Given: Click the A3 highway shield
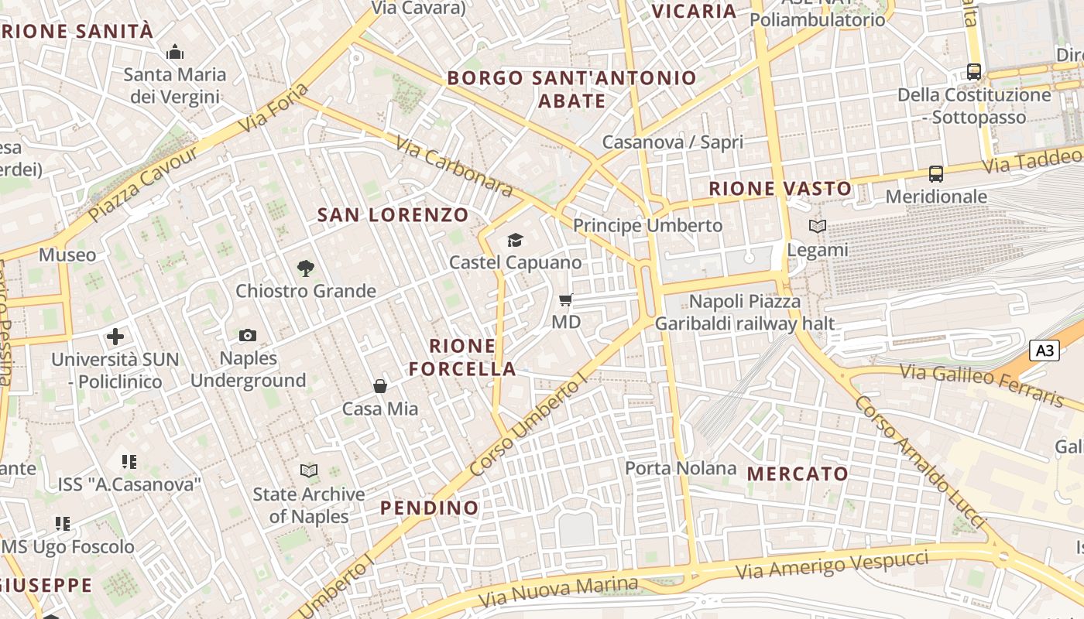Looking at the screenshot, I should [1045, 351].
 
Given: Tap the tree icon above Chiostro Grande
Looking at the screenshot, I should [306, 268].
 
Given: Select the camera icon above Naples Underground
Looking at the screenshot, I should [248, 335].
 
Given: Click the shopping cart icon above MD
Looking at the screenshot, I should [566, 299].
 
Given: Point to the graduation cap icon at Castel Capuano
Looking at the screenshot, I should [515, 240].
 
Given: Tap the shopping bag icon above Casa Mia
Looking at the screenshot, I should [380, 385].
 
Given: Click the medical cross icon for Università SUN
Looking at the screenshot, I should [115, 337].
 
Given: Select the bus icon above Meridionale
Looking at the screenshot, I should [936, 174].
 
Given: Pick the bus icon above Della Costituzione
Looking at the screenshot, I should [974, 72].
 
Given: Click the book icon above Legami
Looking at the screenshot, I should [818, 226].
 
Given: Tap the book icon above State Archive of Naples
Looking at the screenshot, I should [309, 470].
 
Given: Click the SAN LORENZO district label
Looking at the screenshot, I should [393, 215].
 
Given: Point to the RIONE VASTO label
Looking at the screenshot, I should [780, 188].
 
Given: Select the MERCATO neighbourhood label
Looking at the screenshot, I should [798, 474].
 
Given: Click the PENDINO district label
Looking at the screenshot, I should [430, 508].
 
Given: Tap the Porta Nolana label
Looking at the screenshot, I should [681, 468].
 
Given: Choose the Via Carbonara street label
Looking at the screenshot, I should [454, 166].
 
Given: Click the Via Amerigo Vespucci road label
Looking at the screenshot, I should [832, 565].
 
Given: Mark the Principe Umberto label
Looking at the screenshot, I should [647, 226].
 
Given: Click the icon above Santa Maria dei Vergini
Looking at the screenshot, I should [175, 53].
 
